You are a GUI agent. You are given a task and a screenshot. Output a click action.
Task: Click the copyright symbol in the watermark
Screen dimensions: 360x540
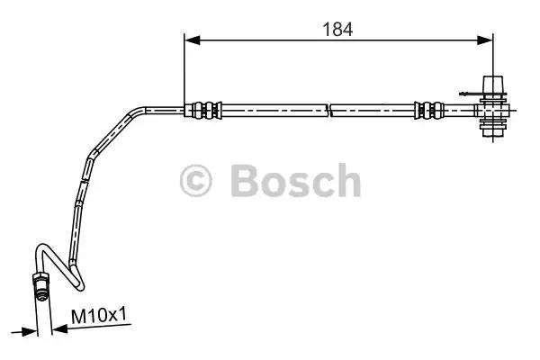196,182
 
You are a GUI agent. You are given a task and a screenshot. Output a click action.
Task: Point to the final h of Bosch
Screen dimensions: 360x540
346,182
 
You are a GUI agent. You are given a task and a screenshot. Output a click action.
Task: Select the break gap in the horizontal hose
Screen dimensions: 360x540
329,111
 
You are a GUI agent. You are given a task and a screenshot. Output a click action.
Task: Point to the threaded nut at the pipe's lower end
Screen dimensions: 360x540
41,287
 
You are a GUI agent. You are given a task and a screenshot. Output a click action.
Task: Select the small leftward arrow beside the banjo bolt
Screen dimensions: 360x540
463,91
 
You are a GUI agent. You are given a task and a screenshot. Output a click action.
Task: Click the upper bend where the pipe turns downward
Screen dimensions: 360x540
135,115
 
